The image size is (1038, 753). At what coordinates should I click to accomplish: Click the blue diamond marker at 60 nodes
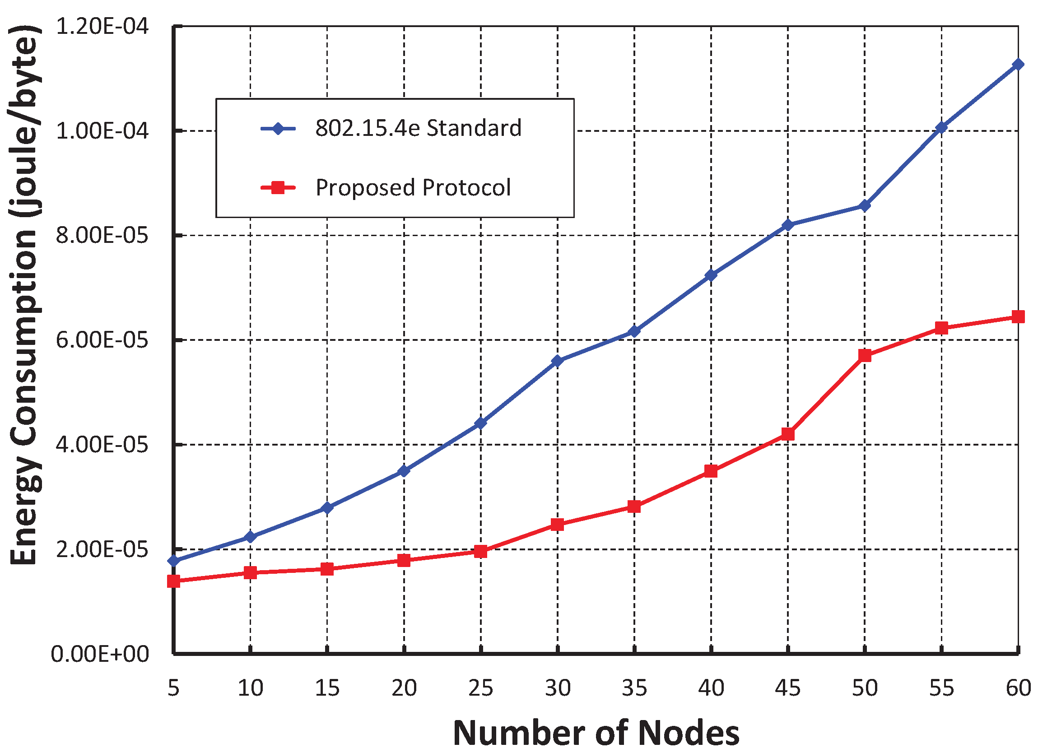point(1018,65)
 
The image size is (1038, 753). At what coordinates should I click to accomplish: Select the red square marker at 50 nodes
point(865,355)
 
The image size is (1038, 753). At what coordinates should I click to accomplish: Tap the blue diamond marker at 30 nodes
point(558,361)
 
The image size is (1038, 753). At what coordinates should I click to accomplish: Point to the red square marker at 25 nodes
point(480,551)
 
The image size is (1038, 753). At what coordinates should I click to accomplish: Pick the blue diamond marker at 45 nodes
point(788,225)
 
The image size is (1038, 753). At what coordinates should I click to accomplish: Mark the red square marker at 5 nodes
point(173,581)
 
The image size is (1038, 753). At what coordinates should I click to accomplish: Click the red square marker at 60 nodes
point(1018,316)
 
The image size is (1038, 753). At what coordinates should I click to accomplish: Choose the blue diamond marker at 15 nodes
point(327,508)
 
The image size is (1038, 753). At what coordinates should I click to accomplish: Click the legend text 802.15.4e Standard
point(418,128)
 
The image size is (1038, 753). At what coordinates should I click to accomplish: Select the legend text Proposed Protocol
point(413,187)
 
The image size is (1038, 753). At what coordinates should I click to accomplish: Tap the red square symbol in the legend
point(278,187)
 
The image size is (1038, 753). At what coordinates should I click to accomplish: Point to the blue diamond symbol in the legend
point(278,128)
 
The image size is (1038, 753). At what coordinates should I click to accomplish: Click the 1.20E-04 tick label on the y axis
point(102,27)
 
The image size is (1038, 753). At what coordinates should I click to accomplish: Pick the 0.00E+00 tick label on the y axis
point(100,654)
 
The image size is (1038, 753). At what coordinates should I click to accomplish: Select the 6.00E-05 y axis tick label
point(102,340)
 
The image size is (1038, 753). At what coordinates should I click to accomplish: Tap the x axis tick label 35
point(634,688)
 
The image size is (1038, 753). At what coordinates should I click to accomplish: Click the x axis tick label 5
point(173,688)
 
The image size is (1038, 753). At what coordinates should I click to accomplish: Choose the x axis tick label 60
point(1018,688)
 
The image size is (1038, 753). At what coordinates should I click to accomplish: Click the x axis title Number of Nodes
point(596,733)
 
